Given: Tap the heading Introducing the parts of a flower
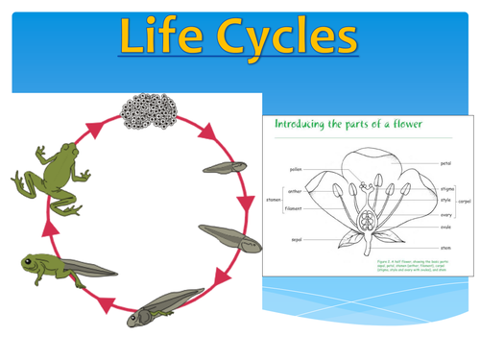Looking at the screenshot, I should point(344,123).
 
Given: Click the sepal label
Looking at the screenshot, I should point(298,239).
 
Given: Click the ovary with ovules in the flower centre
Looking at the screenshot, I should point(368,222).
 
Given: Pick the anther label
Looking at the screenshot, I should point(296,191).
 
